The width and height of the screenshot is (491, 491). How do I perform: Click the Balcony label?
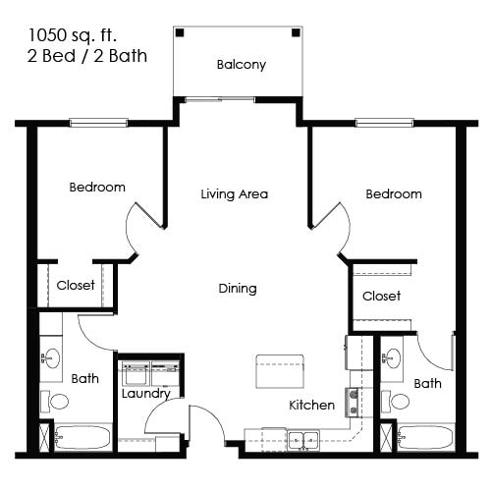pos(241,66)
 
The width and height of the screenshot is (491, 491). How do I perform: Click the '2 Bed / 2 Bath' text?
pos(87,56)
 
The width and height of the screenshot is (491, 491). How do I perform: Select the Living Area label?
pos(234,194)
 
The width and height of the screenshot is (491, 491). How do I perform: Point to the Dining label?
pos(237,289)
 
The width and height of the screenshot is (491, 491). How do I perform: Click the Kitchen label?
pos(311,405)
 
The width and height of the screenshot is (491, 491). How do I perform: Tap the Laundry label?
pos(145,394)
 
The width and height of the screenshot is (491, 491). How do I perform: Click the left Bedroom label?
pos(97,188)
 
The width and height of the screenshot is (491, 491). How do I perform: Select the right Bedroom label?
pos(393,194)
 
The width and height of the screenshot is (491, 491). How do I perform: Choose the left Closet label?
pos(76,286)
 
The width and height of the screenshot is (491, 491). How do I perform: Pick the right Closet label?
pos(381,296)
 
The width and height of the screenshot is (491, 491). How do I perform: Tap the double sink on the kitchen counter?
pos(303,439)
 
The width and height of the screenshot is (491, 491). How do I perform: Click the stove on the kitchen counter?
pos(355,403)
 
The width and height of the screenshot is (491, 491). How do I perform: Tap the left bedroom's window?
pos(98,123)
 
